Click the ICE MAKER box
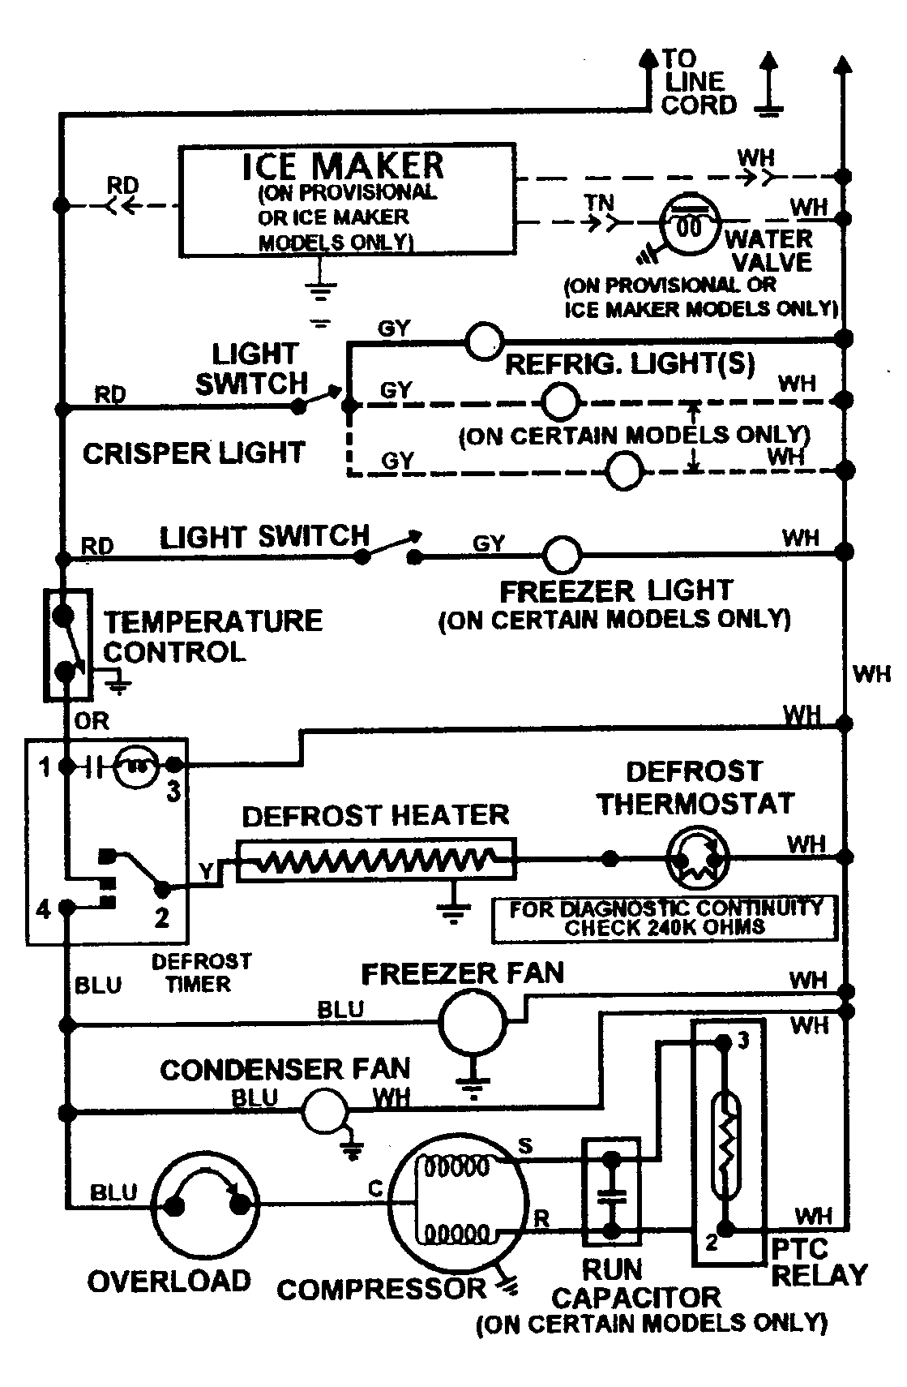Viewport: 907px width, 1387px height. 347,199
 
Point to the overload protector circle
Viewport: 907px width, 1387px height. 206,1207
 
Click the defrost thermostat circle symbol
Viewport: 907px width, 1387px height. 696,858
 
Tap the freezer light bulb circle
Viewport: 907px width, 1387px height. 561,556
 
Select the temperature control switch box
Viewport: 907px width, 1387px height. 66,643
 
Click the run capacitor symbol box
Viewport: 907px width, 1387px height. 611,1192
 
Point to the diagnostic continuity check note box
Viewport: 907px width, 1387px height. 665,918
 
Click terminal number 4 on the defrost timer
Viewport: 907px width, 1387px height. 43,909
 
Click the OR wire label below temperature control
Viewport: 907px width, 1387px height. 91,720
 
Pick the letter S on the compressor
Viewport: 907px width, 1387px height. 525,1146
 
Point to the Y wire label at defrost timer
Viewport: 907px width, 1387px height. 207,871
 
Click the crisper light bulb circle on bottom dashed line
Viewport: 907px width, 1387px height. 624,470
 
